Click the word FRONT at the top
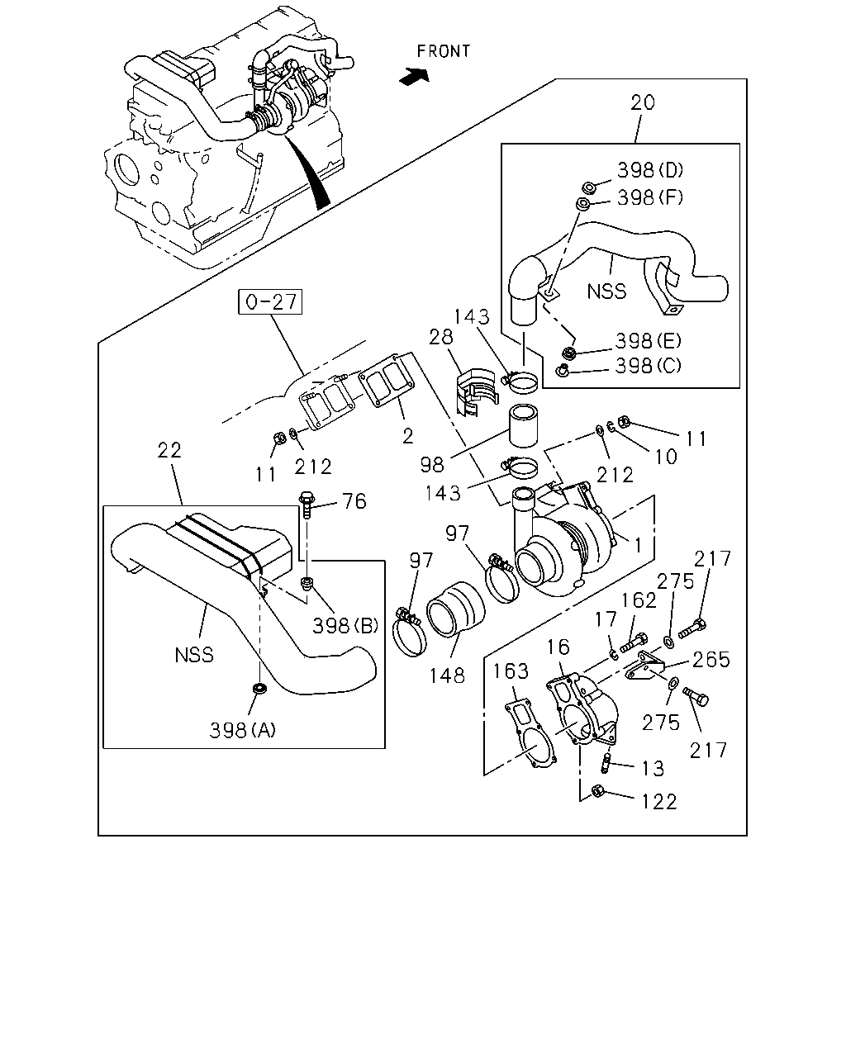[443, 51]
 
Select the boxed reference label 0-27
[270, 301]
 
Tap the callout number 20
[643, 102]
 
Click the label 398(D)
[650, 170]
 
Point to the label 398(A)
[243, 730]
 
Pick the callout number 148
[447, 675]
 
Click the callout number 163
[511, 671]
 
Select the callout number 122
[659, 802]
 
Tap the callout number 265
[711, 660]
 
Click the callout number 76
[354, 501]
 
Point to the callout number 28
[440, 337]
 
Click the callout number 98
[432, 464]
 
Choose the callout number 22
[169, 450]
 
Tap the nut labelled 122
[597, 790]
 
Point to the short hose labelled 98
[524, 425]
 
